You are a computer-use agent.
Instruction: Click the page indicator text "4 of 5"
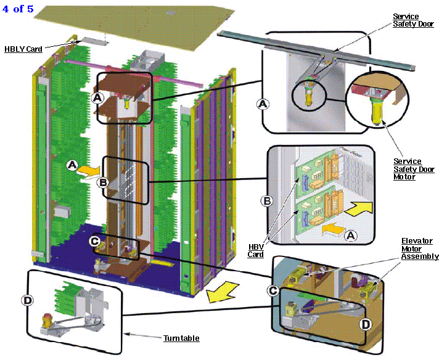point(18,9)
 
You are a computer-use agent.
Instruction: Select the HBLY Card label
point(23,49)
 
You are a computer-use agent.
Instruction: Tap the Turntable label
point(181,338)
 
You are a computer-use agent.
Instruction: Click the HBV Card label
point(255,250)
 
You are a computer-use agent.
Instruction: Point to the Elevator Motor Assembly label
point(420,248)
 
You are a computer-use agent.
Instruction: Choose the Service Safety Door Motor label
point(414,169)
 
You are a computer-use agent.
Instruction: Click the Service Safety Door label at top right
point(413,20)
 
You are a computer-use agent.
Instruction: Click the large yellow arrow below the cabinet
point(223,292)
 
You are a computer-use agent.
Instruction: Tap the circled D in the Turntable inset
point(28,300)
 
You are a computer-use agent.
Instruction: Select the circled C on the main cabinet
point(95,242)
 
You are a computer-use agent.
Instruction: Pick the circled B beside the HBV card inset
point(267,201)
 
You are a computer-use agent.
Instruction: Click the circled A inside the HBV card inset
point(351,235)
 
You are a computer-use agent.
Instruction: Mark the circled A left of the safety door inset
point(263,104)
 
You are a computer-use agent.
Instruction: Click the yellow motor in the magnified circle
point(377,111)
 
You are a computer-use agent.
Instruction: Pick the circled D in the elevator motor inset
point(366,324)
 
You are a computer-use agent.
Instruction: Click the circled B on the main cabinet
point(103,182)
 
